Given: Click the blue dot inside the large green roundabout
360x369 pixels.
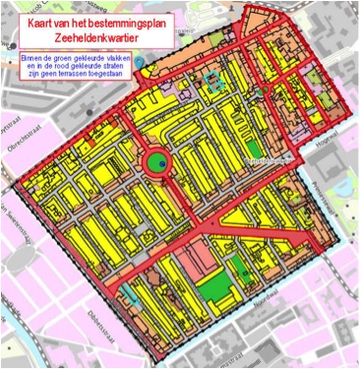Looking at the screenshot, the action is [x=156, y=164].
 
